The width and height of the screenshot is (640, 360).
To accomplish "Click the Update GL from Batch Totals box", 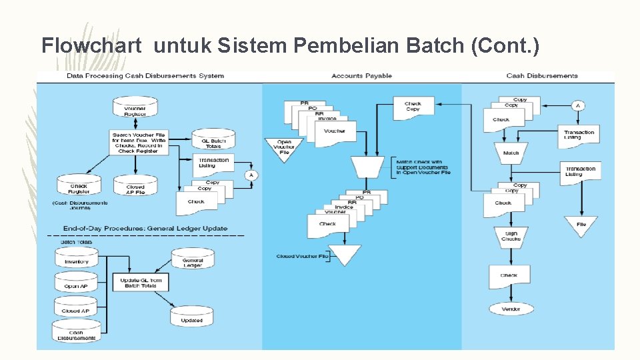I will (x=141, y=283).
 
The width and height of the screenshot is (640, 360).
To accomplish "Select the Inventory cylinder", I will (x=76, y=261).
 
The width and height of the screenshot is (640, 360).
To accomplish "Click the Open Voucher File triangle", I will (x=284, y=148).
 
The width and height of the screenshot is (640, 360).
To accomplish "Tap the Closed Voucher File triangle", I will (x=345, y=254).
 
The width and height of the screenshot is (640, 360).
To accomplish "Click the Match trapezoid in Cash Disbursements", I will (x=511, y=153).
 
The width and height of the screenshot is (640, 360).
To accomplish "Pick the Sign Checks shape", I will (x=511, y=236).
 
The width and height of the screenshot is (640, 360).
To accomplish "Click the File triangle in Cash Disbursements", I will (x=581, y=225).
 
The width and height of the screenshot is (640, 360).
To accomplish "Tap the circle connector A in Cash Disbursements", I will (x=578, y=105).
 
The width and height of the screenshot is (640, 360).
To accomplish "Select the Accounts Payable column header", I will (x=361, y=76).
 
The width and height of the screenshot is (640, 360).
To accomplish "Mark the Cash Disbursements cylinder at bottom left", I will (x=76, y=331).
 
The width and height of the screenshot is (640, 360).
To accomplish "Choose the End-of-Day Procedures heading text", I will (x=145, y=228).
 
